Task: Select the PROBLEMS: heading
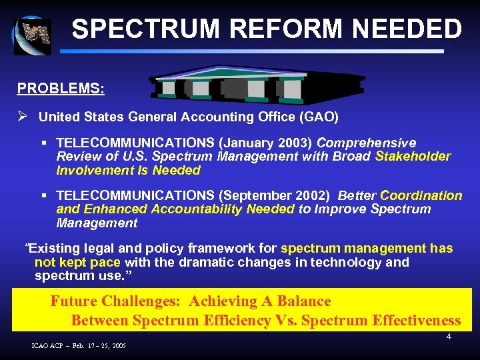coord(61,88)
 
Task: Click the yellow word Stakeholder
coord(413,157)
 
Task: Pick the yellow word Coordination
coord(421,196)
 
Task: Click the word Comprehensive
coord(366,143)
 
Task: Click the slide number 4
coord(449,337)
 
